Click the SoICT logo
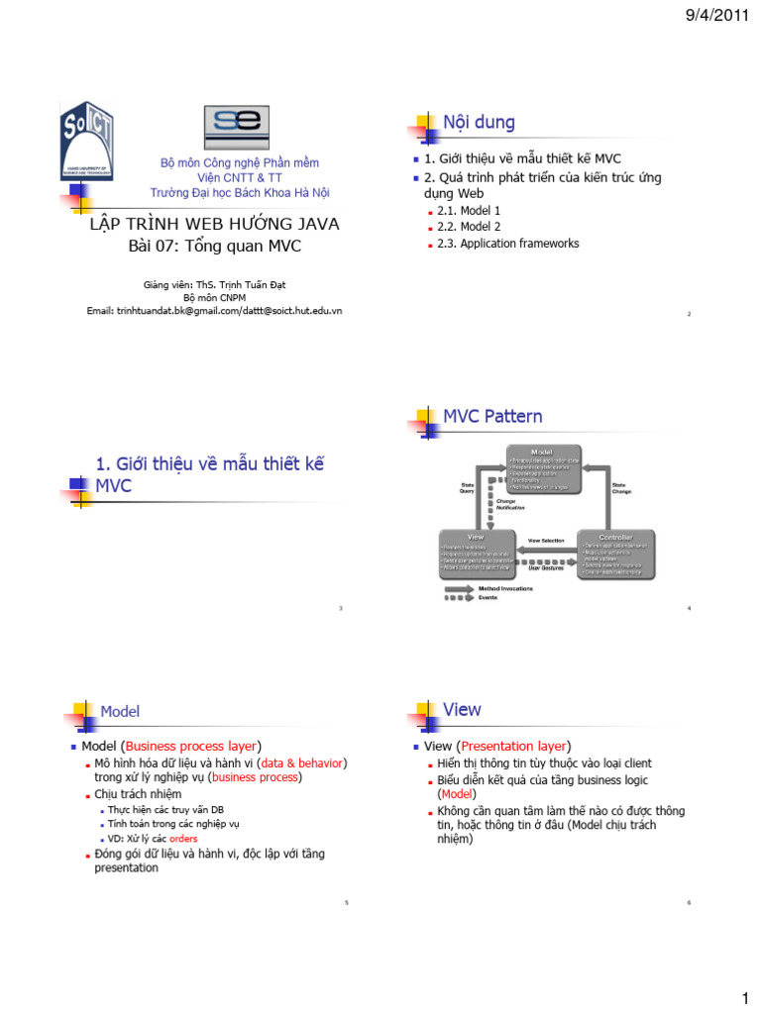click(87, 146)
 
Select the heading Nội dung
click(479, 123)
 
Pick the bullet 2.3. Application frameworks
click(507, 244)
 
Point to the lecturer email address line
click(214, 310)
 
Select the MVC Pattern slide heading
click(492, 416)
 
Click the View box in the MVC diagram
click(477, 555)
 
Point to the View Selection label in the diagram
click(546, 541)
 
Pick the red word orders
click(183, 839)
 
